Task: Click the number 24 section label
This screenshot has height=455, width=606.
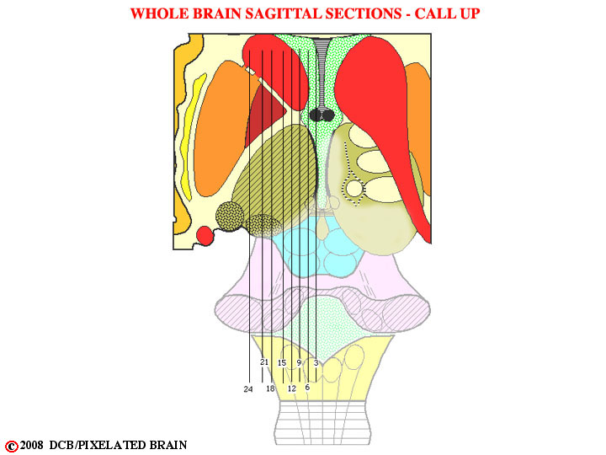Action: [x=248, y=389]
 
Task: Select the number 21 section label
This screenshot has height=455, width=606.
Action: [x=264, y=362]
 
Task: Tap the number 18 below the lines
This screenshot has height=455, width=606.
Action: [x=270, y=388]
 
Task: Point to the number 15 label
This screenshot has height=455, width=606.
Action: [x=282, y=363]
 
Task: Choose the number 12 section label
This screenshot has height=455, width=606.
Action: [x=292, y=388]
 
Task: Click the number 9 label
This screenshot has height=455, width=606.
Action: [x=299, y=363]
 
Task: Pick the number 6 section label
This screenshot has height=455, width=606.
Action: [x=307, y=388]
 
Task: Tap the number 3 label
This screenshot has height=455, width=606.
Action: [x=316, y=363]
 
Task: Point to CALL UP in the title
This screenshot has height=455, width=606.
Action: [x=447, y=14]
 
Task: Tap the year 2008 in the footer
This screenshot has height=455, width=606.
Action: [x=31, y=446]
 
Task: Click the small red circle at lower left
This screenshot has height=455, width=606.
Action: [x=205, y=236]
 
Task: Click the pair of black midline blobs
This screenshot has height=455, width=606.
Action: [x=322, y=115]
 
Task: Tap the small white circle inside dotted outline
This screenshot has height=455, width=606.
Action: [x=353, y=189]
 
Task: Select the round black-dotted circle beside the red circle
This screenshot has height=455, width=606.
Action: [x=230, y=217]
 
